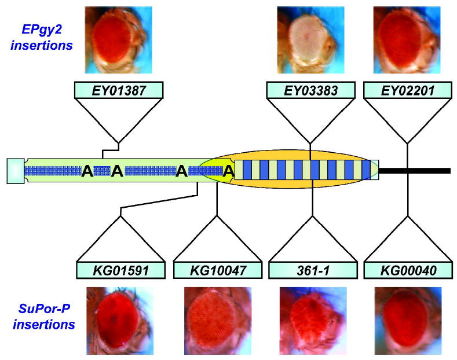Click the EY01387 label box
click(119, 90)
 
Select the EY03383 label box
click(310, 90)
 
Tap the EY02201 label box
click(408, 90)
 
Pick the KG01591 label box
click(120, 270)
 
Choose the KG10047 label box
click(218, 270)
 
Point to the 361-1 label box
click(313, 270)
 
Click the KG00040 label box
click(408, 270)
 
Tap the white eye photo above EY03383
click(310, 40)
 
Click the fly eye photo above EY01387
click(118, 40)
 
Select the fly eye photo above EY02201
click(407, 40)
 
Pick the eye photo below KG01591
click(120, 321)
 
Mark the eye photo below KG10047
click(218, 321)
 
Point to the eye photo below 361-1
click(313, 321)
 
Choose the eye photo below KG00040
click(408, 321)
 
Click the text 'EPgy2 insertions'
click(41, 37)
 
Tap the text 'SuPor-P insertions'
click(43, 317)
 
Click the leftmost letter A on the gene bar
click(87, 171)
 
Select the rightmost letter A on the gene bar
click(228, 171)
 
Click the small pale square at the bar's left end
click(16, 171)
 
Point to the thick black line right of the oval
click(415, 171)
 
